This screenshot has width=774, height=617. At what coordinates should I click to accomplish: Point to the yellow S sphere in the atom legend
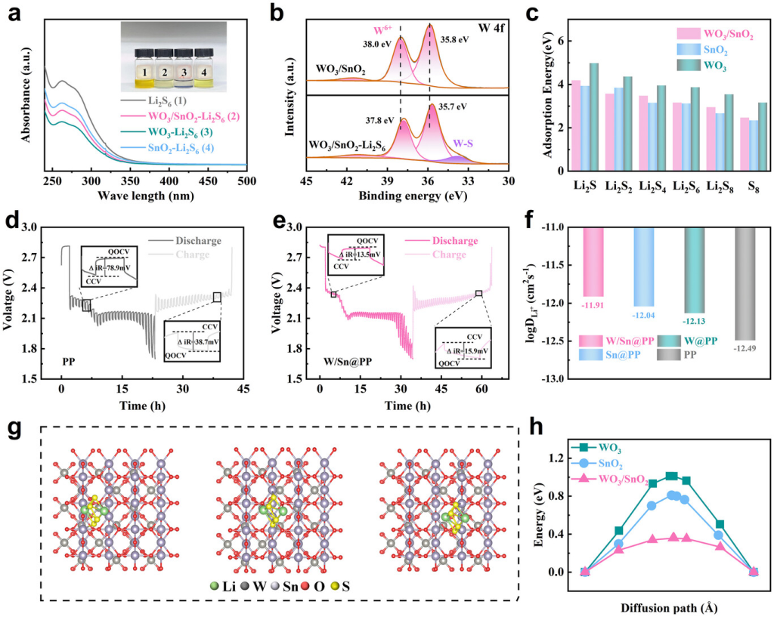336,585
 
